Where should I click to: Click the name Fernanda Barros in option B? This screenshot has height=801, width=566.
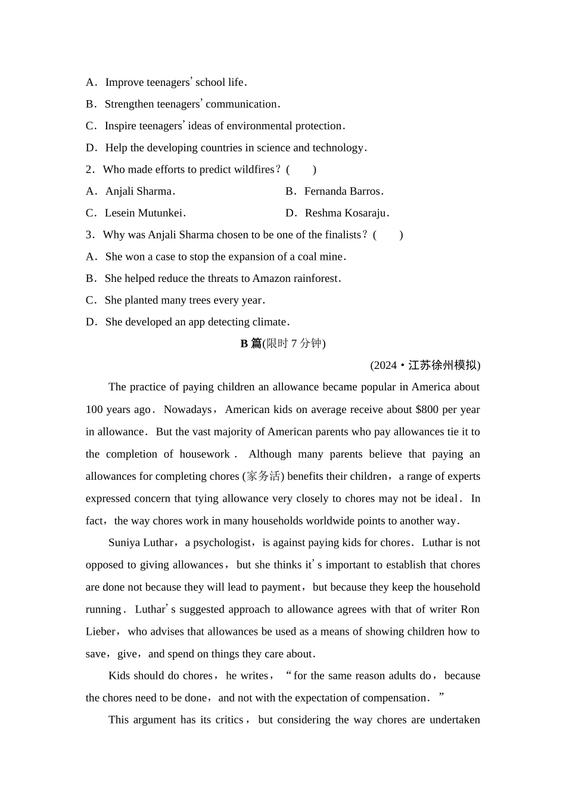pyautogui.click(x=342, y=191)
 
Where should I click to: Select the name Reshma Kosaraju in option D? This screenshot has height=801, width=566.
pyautogui.click(x=346, y=213)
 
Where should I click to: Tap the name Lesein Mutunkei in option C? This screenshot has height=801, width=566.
pyautogui.click(x=144, y=213)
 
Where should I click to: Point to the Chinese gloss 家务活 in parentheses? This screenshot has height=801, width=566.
pyautogui.click(x=263, y=476)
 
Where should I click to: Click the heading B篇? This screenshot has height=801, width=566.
pyautogui.click(x=251, y=343)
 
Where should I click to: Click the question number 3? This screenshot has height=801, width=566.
pyautogui.click(x=89, y=235)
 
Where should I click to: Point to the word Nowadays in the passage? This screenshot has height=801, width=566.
pyautogui.click(x=187, y=409)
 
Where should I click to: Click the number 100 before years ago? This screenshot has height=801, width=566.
pyautogui.click(x=94, y=409)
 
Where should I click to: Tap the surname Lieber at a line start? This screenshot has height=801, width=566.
pyautogui.click(x=101, y=632)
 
